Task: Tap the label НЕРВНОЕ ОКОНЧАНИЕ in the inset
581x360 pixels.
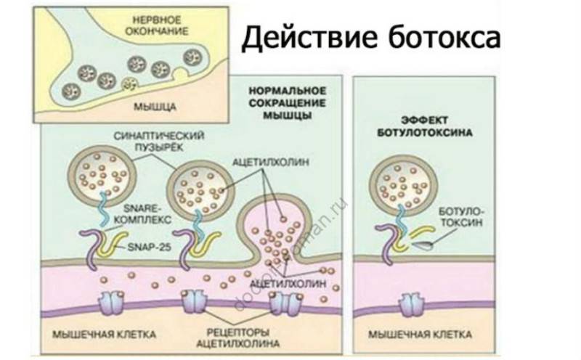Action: click(x=156, y=25)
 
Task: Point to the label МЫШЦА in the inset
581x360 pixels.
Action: click(x=155, y=107)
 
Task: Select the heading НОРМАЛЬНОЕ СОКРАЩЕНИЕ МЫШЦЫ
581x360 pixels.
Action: click(x=287, y=103)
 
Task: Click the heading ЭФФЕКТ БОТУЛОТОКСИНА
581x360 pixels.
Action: click(x=425, y=126)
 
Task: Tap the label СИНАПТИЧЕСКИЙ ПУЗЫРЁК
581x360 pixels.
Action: click(x=159, y=141)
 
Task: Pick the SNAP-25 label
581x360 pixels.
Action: click(x=150, y=247)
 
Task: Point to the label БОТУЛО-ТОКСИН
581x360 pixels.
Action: click(x=461, y=216)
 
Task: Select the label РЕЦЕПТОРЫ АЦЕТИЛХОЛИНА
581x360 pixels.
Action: click(x=237, y=337)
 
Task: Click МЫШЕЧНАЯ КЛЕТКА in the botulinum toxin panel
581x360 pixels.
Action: click(x=420, y=335)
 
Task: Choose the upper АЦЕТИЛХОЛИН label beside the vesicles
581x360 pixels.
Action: click(x=271, y=163)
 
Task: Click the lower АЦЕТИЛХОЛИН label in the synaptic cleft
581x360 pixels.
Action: click(x=288, y=283)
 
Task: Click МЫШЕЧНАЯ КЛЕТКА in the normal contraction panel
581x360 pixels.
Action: click(x=104, y=335)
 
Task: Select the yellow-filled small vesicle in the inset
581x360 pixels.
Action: click(x=130, y=84)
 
